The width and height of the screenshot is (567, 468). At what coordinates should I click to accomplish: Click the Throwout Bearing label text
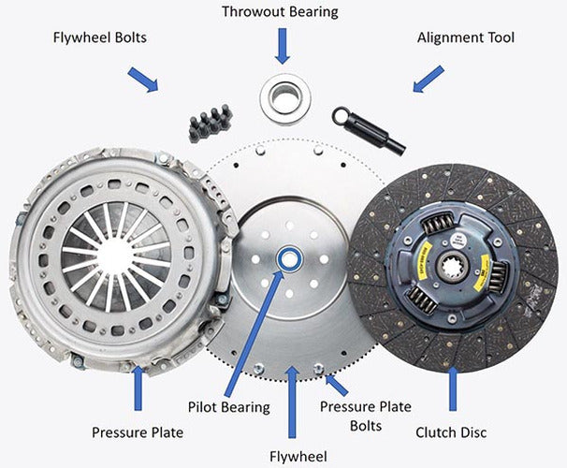pyautogui.click(x=281, y=12)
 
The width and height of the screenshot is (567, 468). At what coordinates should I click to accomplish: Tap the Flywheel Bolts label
pyautogui.click(x=100, y=37)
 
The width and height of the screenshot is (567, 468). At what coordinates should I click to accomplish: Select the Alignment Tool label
pyautogui.click(x=466, y=37)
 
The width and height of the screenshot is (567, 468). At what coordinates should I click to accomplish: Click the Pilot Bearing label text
pyautogui.click(x=229, y=407)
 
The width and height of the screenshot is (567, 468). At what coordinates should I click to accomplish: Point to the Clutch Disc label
pyautogui.click(x=451, y=432)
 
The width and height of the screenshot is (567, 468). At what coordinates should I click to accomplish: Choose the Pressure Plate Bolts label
pyautogui.click(x=366, y=417)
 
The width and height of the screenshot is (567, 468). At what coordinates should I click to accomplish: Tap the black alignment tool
pyautogui.click(x=369, y=130)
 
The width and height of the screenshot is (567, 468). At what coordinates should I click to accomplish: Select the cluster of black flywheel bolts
pyautogui.click(x=211, y=123)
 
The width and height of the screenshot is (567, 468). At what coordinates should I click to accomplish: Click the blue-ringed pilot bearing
pyautogui.click(x=288, y=258)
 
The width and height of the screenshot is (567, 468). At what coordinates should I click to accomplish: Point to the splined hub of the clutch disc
pyautogui.click(x=452, y=268)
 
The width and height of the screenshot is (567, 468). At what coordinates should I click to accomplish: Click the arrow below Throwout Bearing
pyautogui.click(x=283, y=46)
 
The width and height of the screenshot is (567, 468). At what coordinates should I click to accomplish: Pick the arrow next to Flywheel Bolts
pyautogui.click(x=143, y=80)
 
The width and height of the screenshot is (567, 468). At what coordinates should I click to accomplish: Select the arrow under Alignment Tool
pyautogui.click(x=429, y=79)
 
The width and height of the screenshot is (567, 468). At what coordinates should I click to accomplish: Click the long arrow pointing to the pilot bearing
pyautogui.click(x=254, y=332)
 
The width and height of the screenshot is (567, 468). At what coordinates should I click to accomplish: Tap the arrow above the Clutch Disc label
pyautogui.click(x=453, y=388)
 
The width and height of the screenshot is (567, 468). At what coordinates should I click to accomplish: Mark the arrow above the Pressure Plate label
pyautogui.click(x=138, y=388)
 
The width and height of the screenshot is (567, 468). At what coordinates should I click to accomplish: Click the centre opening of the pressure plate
pyautogui.click(x=115, y=256)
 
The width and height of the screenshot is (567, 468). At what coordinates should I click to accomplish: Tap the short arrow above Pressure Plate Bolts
pyautogui.click(x=336, y=385)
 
